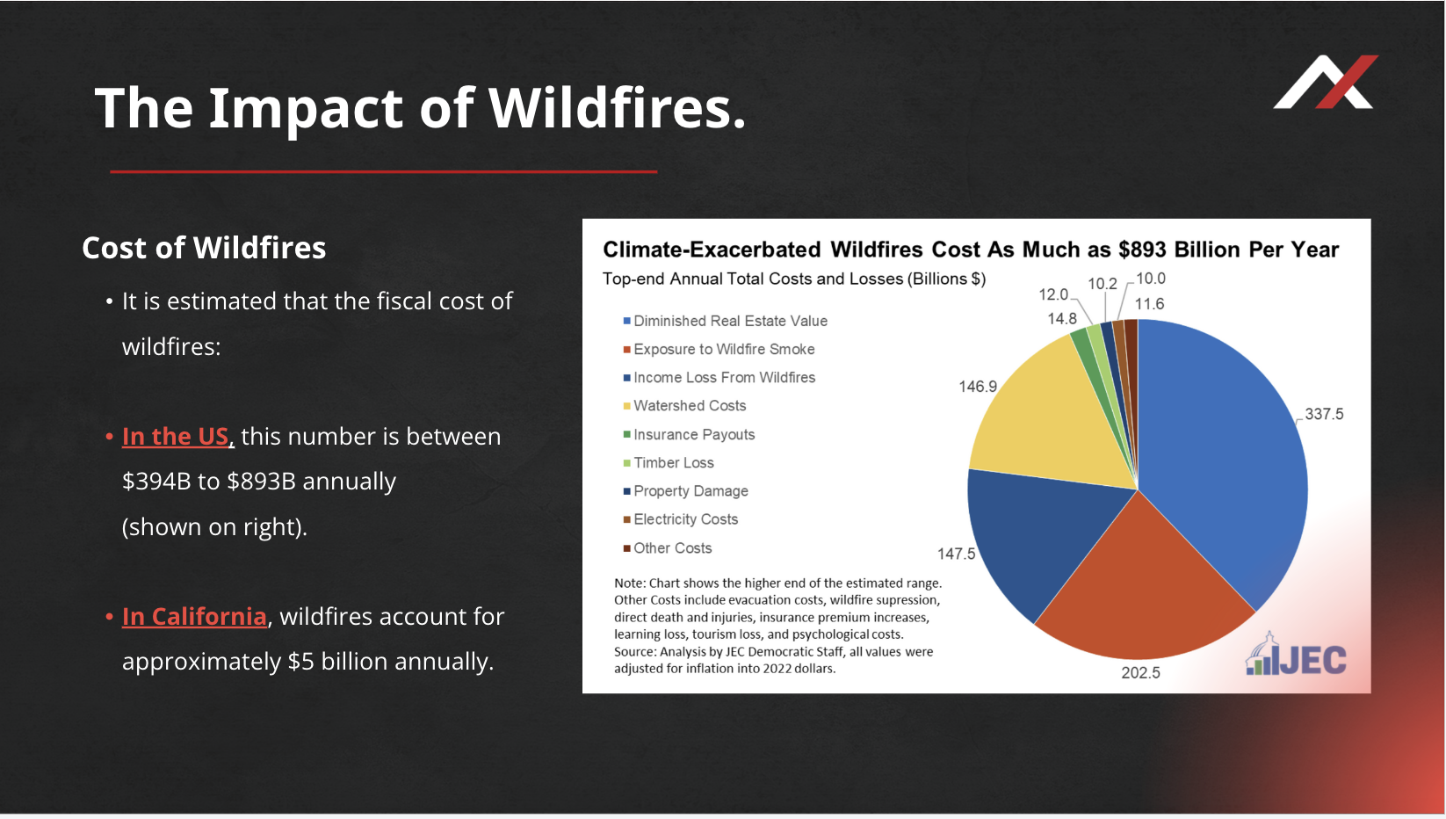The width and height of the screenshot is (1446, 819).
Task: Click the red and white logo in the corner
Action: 1326,82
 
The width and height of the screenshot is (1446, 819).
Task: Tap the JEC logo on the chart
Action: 1297,655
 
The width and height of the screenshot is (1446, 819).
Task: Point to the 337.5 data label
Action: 1324,414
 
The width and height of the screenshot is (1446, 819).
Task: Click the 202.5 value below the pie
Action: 1140,673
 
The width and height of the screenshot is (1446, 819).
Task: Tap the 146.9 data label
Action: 978,387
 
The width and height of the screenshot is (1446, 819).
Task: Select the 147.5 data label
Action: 956,554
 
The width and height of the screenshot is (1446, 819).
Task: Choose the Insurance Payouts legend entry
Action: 689,435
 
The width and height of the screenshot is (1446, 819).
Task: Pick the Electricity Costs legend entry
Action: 681,520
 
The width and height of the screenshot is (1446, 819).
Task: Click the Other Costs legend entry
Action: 668,548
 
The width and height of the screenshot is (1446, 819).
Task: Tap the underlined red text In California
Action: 194,617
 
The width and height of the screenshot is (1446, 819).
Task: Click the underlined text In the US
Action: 175,437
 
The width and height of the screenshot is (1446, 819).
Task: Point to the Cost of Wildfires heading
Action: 204,248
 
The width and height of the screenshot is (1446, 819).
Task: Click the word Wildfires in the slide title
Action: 617,107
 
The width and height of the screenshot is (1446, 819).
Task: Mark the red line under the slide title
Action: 383,172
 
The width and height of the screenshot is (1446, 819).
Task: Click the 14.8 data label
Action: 1062,319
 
